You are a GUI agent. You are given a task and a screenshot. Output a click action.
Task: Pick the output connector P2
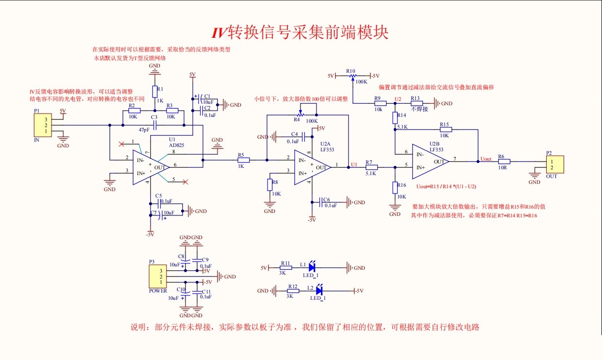click(x=554, y=164)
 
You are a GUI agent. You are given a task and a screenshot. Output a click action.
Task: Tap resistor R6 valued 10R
click(x=503, y=162)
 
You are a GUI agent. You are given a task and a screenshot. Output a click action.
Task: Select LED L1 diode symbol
click(x=312, y=267)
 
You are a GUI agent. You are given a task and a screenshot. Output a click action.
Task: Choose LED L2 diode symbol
click(x=319, y=291)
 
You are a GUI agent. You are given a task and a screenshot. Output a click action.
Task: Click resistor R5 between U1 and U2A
click(x=243, y=160)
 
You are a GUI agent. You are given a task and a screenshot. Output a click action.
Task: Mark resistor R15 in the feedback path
click(x=445, y=130)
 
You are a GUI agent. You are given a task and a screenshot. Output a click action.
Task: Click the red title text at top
click(x=300, y=33)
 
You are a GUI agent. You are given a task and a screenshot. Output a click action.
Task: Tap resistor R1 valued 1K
click(x=155, y=92)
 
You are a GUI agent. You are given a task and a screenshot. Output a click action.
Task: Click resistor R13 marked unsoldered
click(x=417, y=103)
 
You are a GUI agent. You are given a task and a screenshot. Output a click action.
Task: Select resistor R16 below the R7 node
click(x=395, y=187)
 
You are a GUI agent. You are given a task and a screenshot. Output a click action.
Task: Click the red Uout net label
click(x=485, y=159)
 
